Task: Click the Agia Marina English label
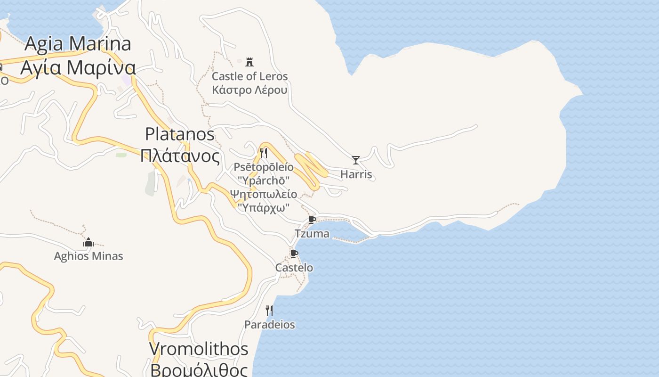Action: click(x=78, y=44)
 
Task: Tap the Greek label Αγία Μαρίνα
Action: click(x=78, y=67)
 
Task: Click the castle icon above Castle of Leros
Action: click(x=249, y=61)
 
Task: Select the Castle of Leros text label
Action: click(x=249, y=76)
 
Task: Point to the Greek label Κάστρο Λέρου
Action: click(x=249, y=90)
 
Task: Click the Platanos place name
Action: click(x=180, y=134)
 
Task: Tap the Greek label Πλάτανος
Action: click(x=180, y=156)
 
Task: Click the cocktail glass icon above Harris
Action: click(x=356, y=160)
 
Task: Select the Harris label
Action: click(x=356, y=174)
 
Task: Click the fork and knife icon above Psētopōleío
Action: click(x=264, y=153)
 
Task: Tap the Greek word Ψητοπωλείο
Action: click(x=264, y=194)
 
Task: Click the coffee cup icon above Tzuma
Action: click(x=312, y=220)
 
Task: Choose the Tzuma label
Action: click(x=312, y=233)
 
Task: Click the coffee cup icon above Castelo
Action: click(x=294, y=254)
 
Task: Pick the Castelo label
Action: click(x=294, y=268)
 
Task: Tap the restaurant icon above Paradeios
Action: click(x=269, y=310)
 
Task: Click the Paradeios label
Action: click(x=269, y=325)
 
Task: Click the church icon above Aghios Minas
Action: click(x=88, y=243)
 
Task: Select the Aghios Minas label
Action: click(x=88, y=256)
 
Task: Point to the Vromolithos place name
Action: click(x=199, y=349)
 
